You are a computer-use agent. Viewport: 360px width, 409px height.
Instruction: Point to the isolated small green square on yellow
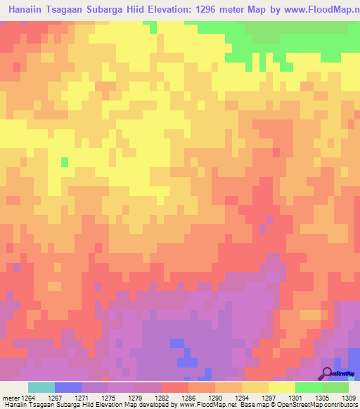[65, 162]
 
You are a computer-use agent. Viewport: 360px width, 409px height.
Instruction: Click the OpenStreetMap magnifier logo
[327, 374]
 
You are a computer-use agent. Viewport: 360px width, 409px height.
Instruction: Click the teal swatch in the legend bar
[41, 387]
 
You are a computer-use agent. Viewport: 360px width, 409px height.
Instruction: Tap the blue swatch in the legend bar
[68, 387]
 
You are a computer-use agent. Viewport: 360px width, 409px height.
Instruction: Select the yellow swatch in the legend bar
[282, 387]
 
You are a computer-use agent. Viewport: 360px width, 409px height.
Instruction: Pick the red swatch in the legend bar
[175, 387]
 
